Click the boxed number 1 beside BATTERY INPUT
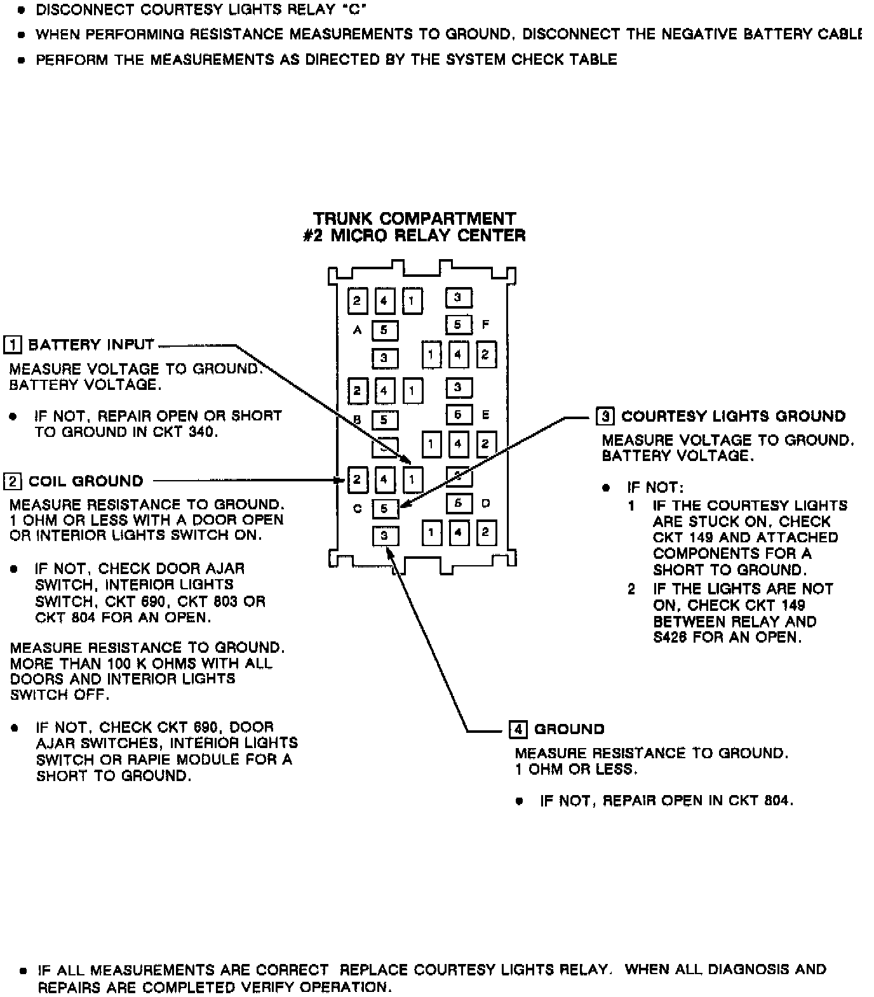click(12, 345)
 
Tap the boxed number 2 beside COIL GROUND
click(12, 481)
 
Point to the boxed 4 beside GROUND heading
click(518, 729)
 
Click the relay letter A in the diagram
click(358, 330)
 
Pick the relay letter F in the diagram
click(486, 325)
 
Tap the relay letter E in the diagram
click(486, 415)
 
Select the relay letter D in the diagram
click(486, 504)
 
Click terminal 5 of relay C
click(384, 509)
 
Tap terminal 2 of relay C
click(357, 479)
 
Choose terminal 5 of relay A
click(384, 330)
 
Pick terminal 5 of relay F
click(457, 325)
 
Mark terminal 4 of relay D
click(458, 532)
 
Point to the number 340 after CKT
click(204, 432)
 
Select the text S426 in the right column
click(670, 638)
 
